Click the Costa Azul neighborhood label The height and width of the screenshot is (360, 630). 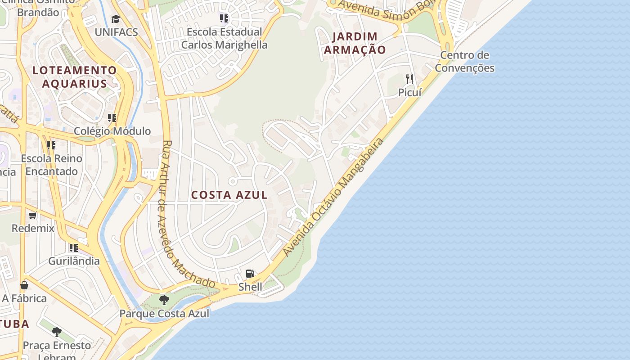(x=229, y=195)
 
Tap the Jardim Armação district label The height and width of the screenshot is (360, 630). (x=355, y=43)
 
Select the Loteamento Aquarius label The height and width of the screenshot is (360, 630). (x=75, y=77)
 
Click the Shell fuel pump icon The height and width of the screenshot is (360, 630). (x=250, y=274)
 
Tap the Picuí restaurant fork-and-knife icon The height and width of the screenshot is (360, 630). (x=409, y=79)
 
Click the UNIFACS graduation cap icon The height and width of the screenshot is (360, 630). (x=116, y=19)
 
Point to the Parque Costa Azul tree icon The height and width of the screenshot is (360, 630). (x=164, y=300)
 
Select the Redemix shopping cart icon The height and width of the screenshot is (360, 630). (x=33, y=215)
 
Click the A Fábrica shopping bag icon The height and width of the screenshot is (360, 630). (x=24, y=285)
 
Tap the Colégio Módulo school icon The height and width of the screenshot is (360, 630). (x=112, y=118)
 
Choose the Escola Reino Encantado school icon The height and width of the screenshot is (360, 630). (x=51, y=145)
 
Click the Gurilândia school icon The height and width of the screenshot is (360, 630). (x=74, y=247)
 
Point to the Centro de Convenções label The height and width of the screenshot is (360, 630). (x=465, y=62)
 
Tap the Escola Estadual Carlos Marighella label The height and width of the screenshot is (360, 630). (x=224, y=38)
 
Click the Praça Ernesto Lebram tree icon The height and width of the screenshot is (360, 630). (x=57, y=332)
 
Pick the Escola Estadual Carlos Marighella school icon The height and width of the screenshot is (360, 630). (x=224, y=18)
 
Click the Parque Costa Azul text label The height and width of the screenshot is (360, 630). (x=164, y=314)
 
